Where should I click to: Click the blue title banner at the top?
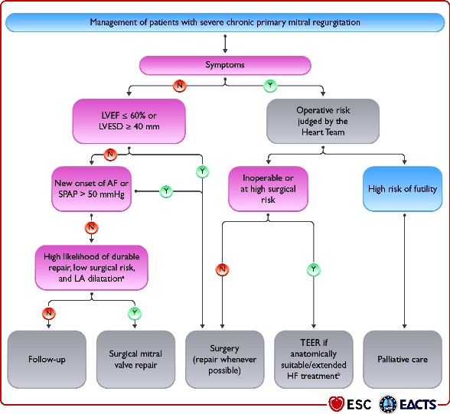(225, 22)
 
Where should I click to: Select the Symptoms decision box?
(225, 65)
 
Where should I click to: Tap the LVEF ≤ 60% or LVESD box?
(129, 121)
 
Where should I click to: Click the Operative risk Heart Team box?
(323, 121)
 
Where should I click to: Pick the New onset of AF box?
(92, 189)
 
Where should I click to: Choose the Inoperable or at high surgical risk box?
(268, 189)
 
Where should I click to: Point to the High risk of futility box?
(403, 189)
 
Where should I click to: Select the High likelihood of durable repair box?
(92, 268)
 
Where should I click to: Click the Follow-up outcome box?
(47, 360)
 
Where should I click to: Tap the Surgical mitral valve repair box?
(135, 360)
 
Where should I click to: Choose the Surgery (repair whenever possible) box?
(225, 360)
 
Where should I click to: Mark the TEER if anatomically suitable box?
(314, 360)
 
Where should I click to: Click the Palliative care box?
(403, 360)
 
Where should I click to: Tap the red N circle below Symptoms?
(180, 85)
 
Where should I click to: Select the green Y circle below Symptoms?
(270, 85)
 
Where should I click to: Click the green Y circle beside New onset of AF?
(166, 191)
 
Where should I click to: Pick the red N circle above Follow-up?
(49, 313)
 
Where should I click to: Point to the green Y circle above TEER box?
(314, 269)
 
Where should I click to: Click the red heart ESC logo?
(337, 404)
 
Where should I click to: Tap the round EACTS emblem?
(388, 404)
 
